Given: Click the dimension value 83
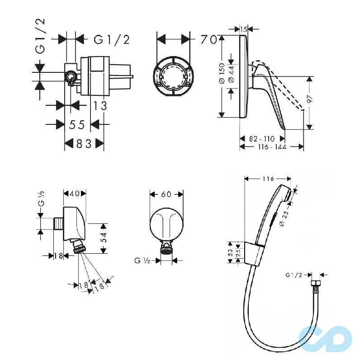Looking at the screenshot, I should pyautogui.click(x=84, y=144).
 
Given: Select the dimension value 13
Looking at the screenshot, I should pyautogui.click(x=100, y=105).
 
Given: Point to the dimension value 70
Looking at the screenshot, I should pyautogui.click(x=208, y=39).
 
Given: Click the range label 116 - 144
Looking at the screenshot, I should pyautogui.click(x=272, y=147).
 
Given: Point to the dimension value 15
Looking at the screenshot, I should pyautogui.click(x=243, y=29).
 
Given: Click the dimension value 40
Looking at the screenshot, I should pyautogui.click(x=75, y=194).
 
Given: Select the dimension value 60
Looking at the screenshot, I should pyautogui.click(x=166, y=194).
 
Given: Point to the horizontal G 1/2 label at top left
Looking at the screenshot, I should pyautogui.click(x=112, y=40).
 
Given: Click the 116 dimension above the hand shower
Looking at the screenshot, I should pyautogui.click(x=268, y=179).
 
